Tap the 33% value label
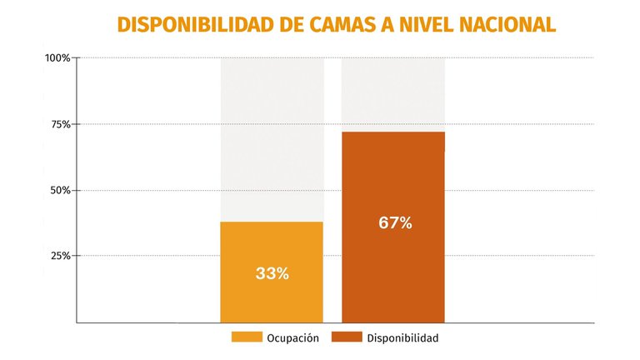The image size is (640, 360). tap(272, 273)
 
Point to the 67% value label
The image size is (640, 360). tap(395, 223)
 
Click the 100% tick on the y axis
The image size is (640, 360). tap(57, 58)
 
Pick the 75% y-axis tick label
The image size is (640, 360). tap(60, 124)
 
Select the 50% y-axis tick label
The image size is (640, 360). tap(60, 190)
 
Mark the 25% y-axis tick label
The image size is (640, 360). tap(60, 256)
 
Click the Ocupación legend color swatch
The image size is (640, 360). tap(246, 337)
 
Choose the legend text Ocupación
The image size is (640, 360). tap(292, 338)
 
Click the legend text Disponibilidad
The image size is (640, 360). tap(402, 338)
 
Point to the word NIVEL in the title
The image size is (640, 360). tap(423, 25)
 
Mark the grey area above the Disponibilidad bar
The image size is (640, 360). tap(392, 93)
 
